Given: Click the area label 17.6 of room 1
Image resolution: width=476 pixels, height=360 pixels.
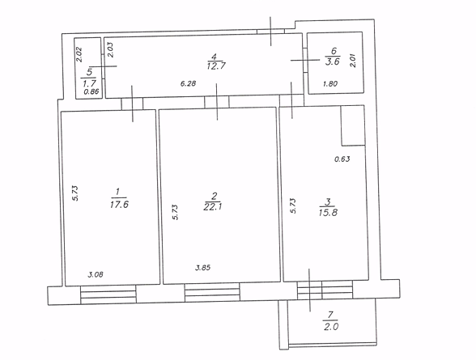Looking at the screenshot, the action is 119,205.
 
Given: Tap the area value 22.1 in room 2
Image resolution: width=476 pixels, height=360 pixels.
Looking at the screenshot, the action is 214,206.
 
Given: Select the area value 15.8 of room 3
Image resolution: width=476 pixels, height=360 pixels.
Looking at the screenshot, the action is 328,212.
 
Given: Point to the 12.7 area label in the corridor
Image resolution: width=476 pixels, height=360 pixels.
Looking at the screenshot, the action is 216,66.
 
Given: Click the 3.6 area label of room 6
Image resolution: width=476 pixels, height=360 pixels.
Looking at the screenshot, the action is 333,61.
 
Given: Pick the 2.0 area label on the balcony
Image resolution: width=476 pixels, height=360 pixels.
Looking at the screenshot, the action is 331,327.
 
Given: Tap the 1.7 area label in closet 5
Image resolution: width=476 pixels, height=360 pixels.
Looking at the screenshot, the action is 89,83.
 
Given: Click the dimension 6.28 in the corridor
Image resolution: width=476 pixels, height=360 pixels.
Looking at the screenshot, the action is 188,83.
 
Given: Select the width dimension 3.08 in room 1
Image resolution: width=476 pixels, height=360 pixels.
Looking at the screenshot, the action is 96,275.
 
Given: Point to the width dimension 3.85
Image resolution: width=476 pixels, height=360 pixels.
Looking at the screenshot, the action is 202,268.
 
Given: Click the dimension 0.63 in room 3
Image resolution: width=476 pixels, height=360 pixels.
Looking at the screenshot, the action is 342,159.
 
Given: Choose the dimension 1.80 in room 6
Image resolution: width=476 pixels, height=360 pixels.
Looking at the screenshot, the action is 330,83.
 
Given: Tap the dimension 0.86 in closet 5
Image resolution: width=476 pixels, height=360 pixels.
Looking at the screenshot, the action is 91,91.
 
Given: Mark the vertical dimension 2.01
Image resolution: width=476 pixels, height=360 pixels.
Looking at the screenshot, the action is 353,61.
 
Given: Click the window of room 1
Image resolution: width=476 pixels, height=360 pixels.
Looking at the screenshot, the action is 108,294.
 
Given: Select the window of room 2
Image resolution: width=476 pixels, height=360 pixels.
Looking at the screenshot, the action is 212,292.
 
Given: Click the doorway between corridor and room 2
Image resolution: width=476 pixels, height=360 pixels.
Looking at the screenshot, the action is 216,102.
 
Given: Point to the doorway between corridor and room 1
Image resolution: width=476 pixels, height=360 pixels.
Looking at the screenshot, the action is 132,104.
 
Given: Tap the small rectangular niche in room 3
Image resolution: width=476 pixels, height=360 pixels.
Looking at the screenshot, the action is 353,125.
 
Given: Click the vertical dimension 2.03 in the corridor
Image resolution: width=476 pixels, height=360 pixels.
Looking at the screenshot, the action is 110,50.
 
